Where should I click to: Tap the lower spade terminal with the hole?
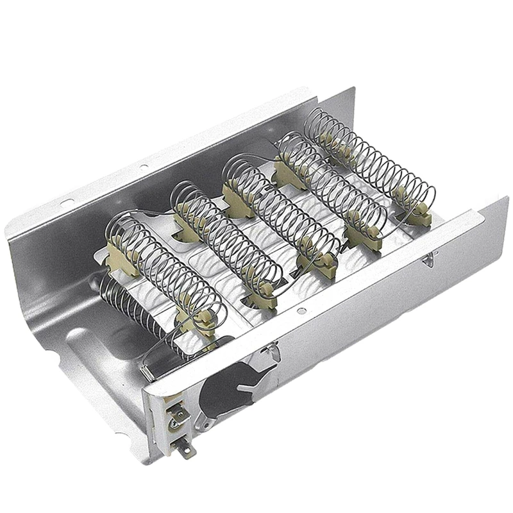[x=185, y=450]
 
